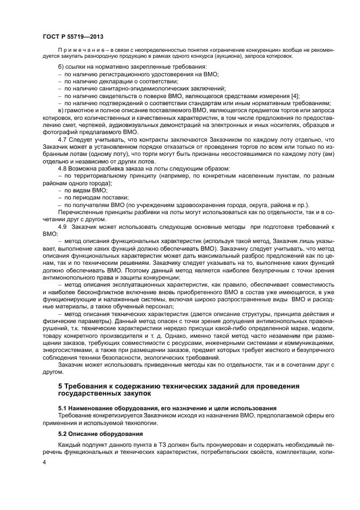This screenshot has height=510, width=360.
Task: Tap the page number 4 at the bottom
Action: [45, 462]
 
